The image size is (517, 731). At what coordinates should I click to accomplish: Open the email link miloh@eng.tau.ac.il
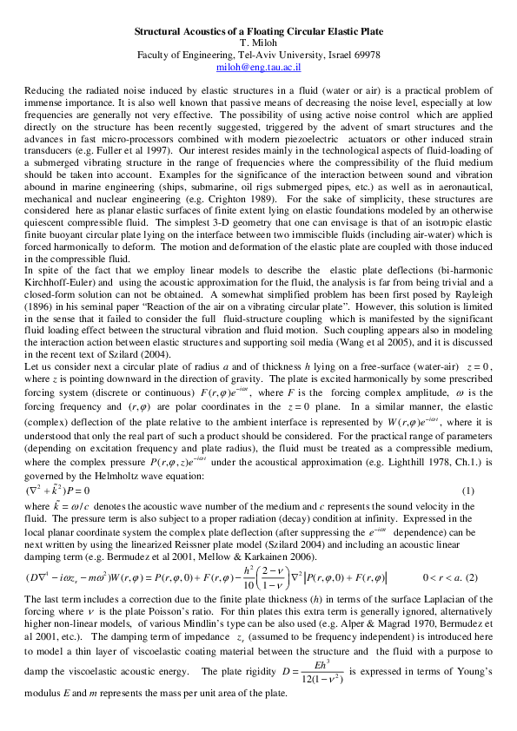point(258,64)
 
